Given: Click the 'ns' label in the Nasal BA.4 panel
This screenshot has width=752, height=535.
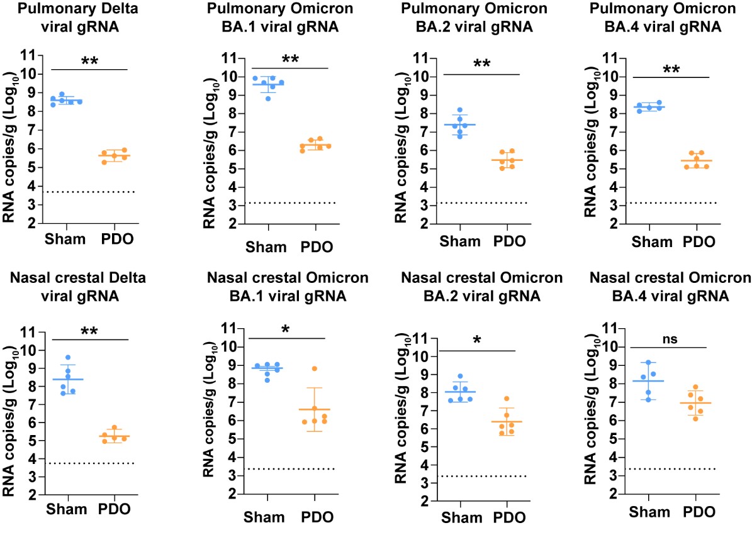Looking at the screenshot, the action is click(x=670, y=339).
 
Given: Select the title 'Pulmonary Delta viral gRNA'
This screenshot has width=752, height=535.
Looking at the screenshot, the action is click(x=78, y=17).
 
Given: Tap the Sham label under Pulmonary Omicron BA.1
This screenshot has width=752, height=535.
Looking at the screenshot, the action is click(x=266, y=247).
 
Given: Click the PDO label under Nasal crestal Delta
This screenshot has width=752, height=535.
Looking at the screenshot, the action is click(x=114, y=509).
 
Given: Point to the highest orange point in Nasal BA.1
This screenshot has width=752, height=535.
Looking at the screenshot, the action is click(x=315, y=369).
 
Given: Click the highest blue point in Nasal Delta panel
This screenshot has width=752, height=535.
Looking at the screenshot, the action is click(x=68, y=357).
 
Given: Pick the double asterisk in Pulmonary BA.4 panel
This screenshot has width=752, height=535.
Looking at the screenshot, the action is click(x=671, y=70).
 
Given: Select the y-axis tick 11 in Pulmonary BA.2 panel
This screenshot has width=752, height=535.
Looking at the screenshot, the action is click(x=422, y=58).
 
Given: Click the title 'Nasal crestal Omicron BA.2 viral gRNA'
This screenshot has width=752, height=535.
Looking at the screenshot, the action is click(x=481, y=287).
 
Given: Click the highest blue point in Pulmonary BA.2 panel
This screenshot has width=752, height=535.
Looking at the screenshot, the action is click(x=459, y=110).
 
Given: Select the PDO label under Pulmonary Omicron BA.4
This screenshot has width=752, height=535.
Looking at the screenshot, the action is click(x=699, y=241).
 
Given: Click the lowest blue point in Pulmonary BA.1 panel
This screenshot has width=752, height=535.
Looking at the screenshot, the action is click(x=267, y=98).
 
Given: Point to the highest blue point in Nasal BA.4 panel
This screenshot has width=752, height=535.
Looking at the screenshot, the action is click(x=648, y=363).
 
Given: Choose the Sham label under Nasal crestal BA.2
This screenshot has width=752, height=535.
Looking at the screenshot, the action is click(x=462, y=517).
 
